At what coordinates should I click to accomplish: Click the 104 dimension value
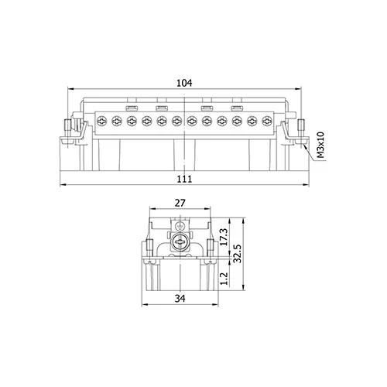click(x=184, y=83)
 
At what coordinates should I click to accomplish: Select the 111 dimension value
click(x=184, y=179)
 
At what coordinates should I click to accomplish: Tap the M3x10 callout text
click(x=320, y=145)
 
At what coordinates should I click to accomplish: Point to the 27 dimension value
click(x=180, y=203)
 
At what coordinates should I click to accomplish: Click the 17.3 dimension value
click(x=224, y=237)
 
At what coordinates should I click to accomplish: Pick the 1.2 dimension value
click(x=224, y=279)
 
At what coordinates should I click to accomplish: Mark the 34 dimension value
click(x=180, y=299)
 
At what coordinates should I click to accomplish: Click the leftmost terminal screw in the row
click(x=101, y=121)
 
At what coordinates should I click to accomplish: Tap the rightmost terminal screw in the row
click(x=267, y=121)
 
